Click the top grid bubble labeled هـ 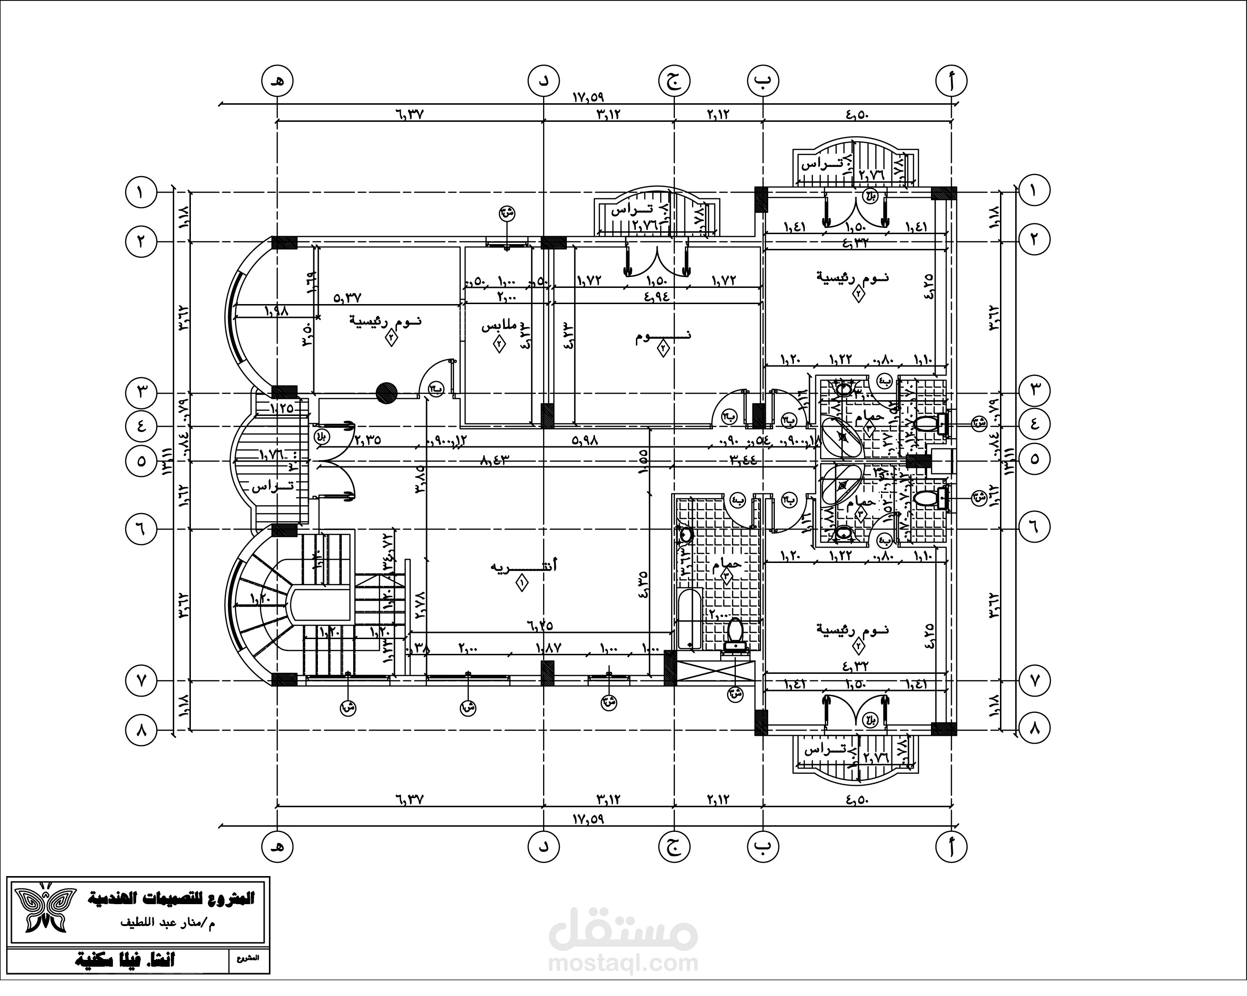277,81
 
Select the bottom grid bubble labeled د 544,847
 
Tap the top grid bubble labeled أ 951,81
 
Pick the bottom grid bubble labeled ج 674,847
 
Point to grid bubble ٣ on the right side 1035,390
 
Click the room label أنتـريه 524,565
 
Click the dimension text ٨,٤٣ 494,460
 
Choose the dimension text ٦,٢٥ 540,625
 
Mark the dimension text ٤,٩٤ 655,296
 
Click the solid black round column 386,393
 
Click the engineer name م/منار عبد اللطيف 168,923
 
